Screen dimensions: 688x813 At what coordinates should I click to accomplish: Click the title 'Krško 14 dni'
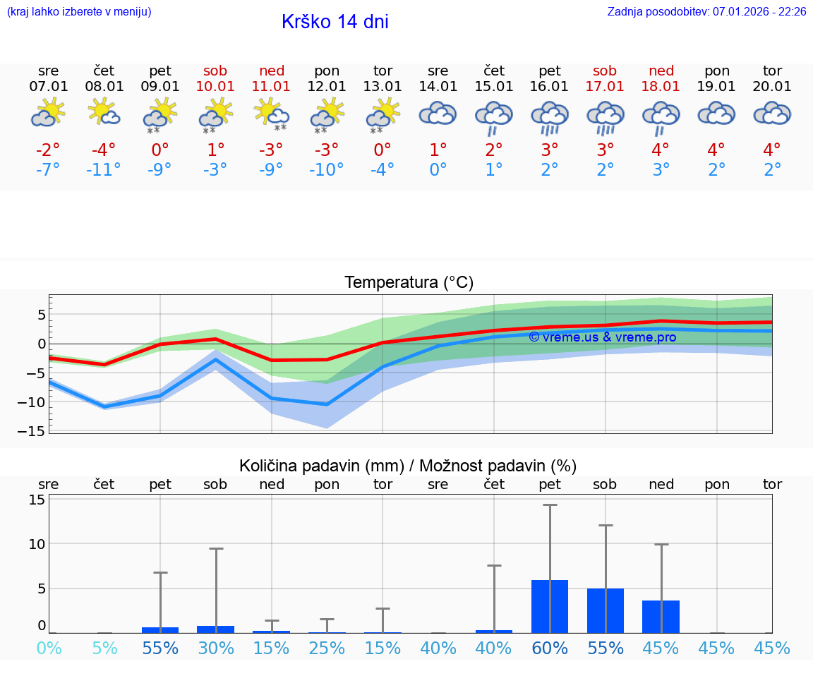pos(335,22)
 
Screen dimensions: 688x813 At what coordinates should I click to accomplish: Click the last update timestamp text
pos(706,12)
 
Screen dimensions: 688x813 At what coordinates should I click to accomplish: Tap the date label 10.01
pos(215,87)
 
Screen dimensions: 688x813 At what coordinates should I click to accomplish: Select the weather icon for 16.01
pos(550,117)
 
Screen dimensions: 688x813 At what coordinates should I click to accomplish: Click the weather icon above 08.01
pos(104,113)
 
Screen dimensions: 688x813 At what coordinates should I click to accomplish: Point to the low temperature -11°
pos(104,170)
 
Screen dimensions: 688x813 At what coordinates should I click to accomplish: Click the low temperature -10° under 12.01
pos(327,170)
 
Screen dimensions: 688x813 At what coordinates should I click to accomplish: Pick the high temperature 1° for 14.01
pos(438,150)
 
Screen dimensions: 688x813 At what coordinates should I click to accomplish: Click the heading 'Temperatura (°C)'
pos(409,283)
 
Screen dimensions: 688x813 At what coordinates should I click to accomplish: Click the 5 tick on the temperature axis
pos(42,314)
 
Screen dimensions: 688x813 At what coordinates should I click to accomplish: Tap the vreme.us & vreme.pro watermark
pos(602,337)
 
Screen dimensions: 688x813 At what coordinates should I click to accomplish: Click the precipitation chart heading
pos(408,466)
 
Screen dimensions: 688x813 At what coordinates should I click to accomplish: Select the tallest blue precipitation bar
pos(550,606)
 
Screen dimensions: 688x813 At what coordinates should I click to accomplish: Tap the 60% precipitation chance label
pos(550,648)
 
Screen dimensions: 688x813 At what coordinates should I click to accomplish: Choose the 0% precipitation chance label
pos(49,648)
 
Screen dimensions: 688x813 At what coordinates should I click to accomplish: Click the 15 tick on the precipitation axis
pos(37,500)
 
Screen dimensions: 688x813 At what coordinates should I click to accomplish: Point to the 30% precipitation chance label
pos(216,648)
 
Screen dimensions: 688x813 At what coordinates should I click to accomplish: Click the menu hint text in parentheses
pos(79,12)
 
